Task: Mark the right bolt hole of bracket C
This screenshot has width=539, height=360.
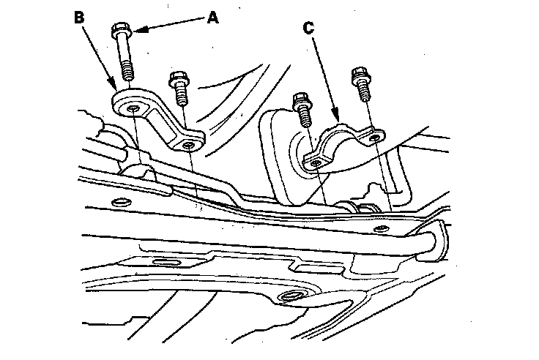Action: click(x=375, y=135)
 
